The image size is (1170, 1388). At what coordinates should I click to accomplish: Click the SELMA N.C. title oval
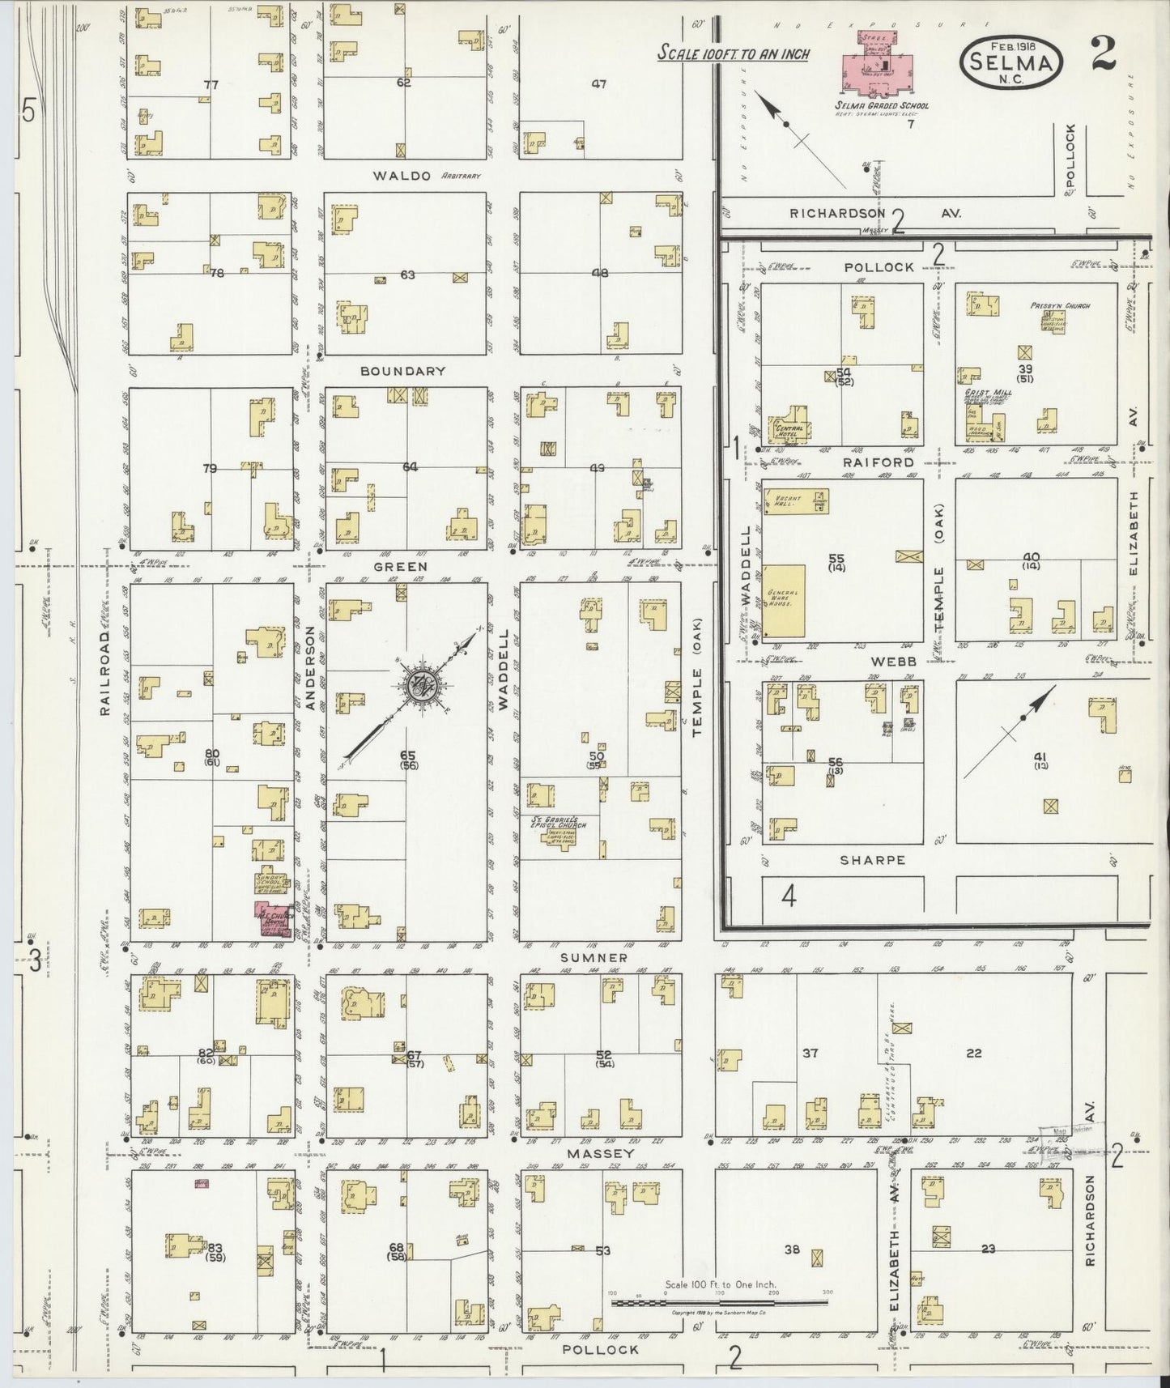coord(1011,66)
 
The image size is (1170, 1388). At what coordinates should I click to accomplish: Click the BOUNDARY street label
coord(403,371)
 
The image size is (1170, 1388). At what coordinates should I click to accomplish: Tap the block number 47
coord(599,84)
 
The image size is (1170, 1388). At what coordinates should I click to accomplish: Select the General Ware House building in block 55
coord(783,599)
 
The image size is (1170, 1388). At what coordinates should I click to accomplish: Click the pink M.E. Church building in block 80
coord(272,919)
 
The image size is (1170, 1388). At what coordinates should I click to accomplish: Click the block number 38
coord(791,1250)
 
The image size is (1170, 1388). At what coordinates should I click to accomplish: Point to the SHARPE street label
coord(873,860)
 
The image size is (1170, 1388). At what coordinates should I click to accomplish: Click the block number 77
coord(211,84)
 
